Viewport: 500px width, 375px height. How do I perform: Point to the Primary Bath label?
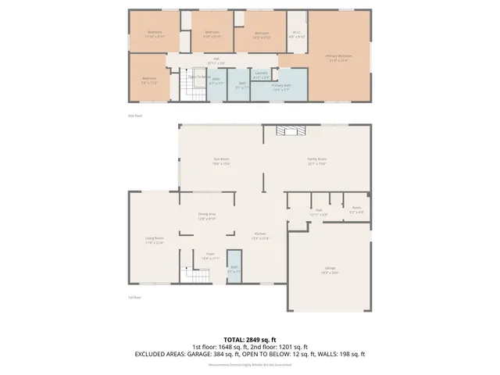point(281,86)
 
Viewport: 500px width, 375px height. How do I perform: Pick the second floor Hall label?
point(216,62)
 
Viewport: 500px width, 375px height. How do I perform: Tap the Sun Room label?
point(221,162)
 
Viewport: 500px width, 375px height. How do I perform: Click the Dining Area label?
point(206,216)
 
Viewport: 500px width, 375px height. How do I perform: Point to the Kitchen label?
point(260,237)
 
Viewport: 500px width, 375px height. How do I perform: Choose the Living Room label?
point(154,240)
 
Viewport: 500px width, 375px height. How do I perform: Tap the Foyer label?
point(210,255)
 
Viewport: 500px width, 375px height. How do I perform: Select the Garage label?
point(330,270)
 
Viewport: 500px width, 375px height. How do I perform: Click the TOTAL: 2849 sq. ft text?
point(249,338)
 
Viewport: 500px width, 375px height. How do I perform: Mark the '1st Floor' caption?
point(134,298)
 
